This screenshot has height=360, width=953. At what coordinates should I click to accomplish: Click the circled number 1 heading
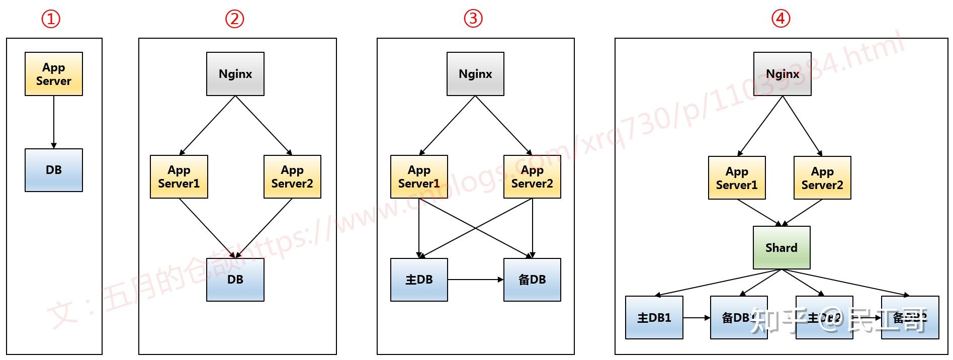(x=51, y=19)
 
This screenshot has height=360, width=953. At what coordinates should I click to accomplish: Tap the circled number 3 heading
(x=473, y=19)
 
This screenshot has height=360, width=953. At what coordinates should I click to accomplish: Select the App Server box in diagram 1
(x=54, y=74)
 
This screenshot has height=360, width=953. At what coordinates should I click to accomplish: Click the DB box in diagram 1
(x=54, y=170)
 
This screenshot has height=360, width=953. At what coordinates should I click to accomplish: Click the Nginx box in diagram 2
(x=235, y=74)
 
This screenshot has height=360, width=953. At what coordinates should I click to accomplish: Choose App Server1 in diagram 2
(x=179, y=176)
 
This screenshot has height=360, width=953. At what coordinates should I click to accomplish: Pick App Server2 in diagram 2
(x=292, y=176)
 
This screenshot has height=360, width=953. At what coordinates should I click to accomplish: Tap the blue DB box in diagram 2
(x=235, y=280)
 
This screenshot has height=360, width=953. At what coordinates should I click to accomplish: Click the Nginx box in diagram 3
(x=475, y=74)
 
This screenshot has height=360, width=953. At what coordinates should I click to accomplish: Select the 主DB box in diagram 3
(x=419, y=280)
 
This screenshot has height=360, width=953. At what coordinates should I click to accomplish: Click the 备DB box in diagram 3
(x=532, y=280)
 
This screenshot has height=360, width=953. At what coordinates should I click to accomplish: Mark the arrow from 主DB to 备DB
(x=475, y=280)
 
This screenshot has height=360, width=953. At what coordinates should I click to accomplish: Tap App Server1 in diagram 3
(x=419, y=176)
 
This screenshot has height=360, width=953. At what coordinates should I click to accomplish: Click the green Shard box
(x=782, y=247)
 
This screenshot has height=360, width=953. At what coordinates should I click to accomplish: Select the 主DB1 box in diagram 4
(x=654, y=317)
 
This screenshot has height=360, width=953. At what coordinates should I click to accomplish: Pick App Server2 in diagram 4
(x=822, y=178)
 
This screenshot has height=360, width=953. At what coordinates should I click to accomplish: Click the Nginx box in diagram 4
(x=783, y=74)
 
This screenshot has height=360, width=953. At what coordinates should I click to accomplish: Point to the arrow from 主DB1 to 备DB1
(x=697, y=317)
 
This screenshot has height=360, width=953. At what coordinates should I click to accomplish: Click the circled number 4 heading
(x=781, y=19)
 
